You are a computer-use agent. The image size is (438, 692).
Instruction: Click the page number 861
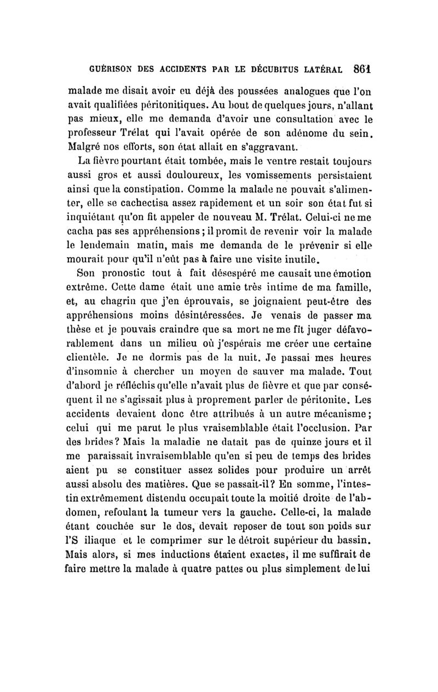point(364,70)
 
